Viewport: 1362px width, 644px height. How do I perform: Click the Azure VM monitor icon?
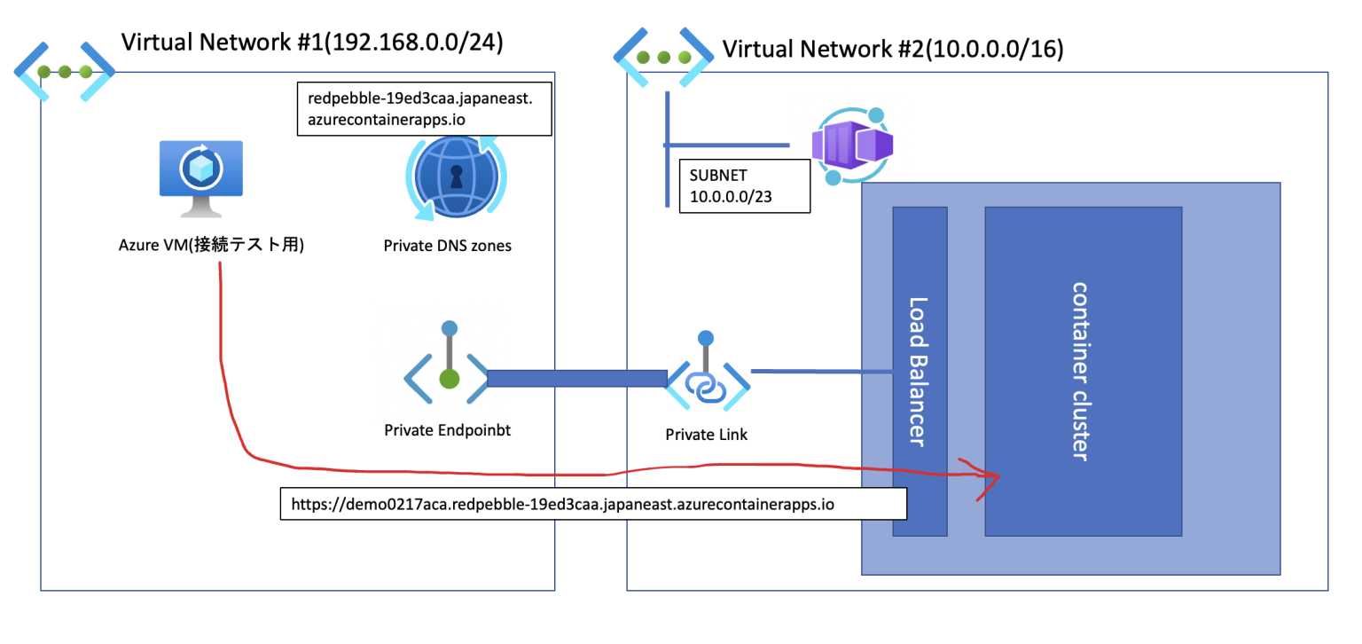201,177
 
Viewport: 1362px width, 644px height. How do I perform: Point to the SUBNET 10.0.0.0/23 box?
744,186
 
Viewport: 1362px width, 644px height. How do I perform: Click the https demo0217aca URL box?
593,504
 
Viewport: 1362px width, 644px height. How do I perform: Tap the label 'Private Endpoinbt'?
448,430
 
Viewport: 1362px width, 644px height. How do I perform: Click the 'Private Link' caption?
707,435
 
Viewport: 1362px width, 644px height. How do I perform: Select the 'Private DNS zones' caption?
448,246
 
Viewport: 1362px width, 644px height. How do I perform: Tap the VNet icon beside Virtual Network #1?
64,71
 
